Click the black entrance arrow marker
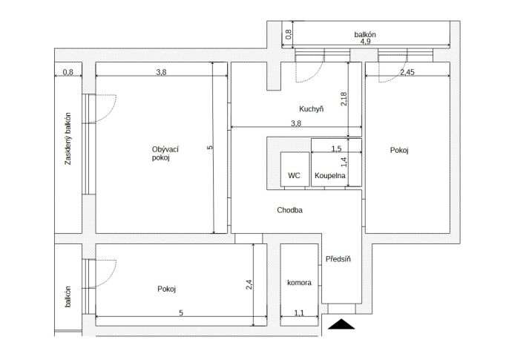[341, 324]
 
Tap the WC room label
[294, 176]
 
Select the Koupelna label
[329, 176]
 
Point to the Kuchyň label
[312, 109]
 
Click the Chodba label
[289, 210]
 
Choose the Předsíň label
[338, 259]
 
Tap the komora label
[299, 283]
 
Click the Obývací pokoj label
[165, 154]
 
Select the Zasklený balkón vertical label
[68, 139]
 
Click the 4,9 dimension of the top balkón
[365, 42]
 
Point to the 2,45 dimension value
[407, 72]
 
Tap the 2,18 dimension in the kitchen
[344, 99]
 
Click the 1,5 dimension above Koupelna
[336, 148]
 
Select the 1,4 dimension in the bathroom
[344, 162]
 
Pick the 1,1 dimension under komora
[299, 313]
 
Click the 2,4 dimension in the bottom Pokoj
[249, 285]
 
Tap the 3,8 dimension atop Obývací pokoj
[161, 72]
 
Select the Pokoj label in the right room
[399, 150]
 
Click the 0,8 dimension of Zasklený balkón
[68, 72]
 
